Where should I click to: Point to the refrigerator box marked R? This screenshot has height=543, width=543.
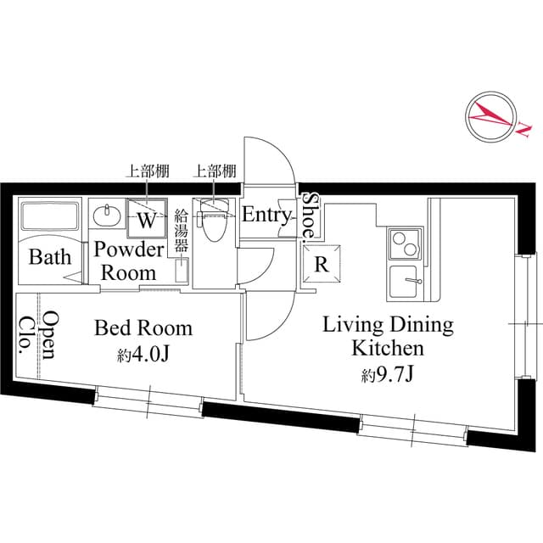point(322,264)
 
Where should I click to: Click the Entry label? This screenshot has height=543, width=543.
point(266,215)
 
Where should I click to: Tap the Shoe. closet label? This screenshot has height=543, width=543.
point(311,215)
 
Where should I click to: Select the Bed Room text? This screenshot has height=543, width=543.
point(143,327)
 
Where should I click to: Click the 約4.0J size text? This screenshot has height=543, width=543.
point(144,355)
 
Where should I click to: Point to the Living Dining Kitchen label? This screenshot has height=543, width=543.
point(389,336)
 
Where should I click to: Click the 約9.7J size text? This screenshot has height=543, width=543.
point(389,373)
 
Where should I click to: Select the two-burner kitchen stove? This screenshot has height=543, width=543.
point(404,245)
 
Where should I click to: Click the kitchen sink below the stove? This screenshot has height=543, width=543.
point(406,283)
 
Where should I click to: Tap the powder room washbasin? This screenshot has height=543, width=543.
point(106,216)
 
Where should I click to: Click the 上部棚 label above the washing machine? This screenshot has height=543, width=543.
point(148,171)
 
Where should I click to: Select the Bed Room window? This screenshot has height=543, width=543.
point(148,400)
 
